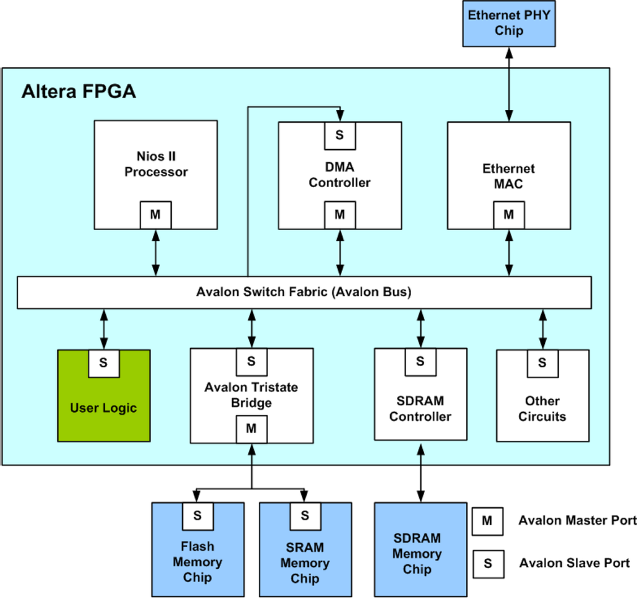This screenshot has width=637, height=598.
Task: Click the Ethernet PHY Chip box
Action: pos(509,24)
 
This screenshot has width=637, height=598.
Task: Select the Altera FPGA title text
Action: pos(78,91)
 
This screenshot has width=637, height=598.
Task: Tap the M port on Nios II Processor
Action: pos(155,214)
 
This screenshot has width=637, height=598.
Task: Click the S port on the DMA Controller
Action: pos(340,135)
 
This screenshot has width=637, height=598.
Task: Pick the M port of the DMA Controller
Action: pos(340,214)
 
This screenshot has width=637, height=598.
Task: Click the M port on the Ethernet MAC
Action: pos(509,214)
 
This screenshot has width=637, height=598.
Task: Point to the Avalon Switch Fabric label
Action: pos(304,292)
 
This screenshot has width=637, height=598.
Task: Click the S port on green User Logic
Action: pos(104,363)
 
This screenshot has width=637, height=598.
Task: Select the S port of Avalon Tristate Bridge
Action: pos(251,361)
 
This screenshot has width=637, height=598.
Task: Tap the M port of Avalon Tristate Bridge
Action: pos(251,428)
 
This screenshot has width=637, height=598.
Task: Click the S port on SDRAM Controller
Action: pos(420,361)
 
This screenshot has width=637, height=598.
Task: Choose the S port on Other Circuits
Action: pos(542,362)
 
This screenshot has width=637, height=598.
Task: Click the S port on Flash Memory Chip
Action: pos(197,515)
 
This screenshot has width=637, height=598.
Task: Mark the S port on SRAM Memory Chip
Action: pos(305,515)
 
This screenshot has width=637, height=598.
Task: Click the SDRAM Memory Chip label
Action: pos(417,553)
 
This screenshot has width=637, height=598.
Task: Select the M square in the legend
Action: pos(488,521)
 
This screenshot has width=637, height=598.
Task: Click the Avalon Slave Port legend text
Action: pos(574,563)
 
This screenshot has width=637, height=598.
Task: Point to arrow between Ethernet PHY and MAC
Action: pos(509,84)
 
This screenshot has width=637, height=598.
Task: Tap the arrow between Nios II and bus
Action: pos(155,252)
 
